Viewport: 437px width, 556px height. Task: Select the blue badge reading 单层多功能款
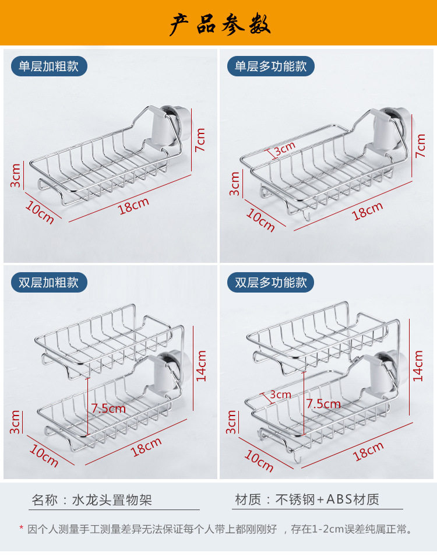click(271, 66)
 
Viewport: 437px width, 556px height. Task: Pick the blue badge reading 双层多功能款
click(271, 283)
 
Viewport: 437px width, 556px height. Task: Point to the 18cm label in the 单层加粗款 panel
click(133, 205)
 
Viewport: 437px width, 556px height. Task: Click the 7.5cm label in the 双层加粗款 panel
click(108, 409)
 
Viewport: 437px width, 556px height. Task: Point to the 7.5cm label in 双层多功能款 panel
click(323, 404)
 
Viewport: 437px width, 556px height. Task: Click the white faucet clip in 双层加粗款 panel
click(167, 373)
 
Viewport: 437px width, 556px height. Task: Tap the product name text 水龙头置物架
click(111, 499)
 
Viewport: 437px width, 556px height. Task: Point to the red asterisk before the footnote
click(22, 529)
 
